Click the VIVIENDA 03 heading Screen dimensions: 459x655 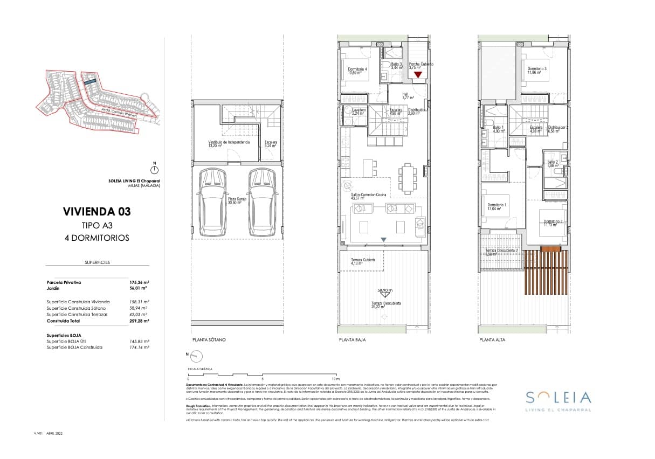pyautogui.click(x=96, y=212)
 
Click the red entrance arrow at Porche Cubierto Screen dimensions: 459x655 pyautogui.click(x=417, y=75)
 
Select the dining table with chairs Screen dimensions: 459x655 pyautogui.click(x=408, y=178)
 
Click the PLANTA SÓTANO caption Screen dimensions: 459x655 pyautogui.click(x=209, y=340)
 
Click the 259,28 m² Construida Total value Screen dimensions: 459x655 pyautogui.click(x=139, y=321)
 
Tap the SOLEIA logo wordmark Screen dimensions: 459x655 pyautogui.click(x=558, y=398)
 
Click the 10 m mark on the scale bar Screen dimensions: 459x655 pyautogui.click(x=335, y=379)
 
